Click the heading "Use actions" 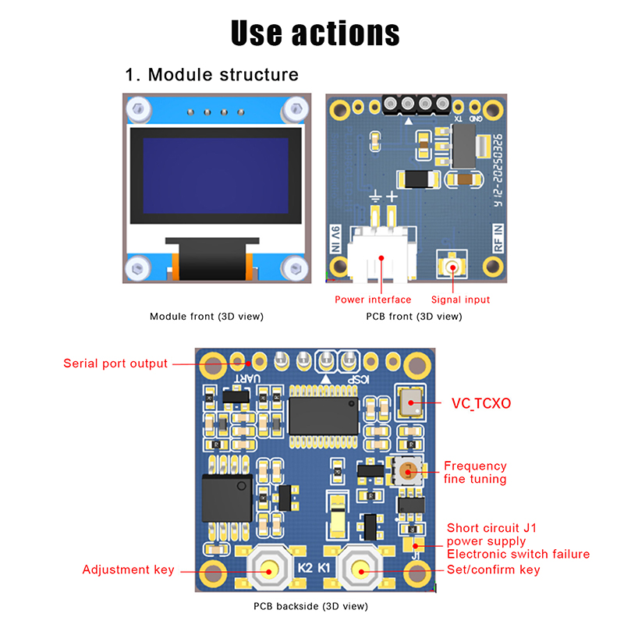point(315,33)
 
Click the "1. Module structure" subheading point(211,75)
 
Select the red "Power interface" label point(373,300)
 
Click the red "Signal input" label point(461,300)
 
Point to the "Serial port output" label point(115,363)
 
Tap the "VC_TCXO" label point(482,404)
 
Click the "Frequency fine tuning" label point(475,473)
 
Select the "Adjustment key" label point(129,569)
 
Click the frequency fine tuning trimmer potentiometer point(406,470)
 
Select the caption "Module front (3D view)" point(207,317)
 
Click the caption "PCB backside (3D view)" point(310,606)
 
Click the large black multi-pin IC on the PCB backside point(323,415)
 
